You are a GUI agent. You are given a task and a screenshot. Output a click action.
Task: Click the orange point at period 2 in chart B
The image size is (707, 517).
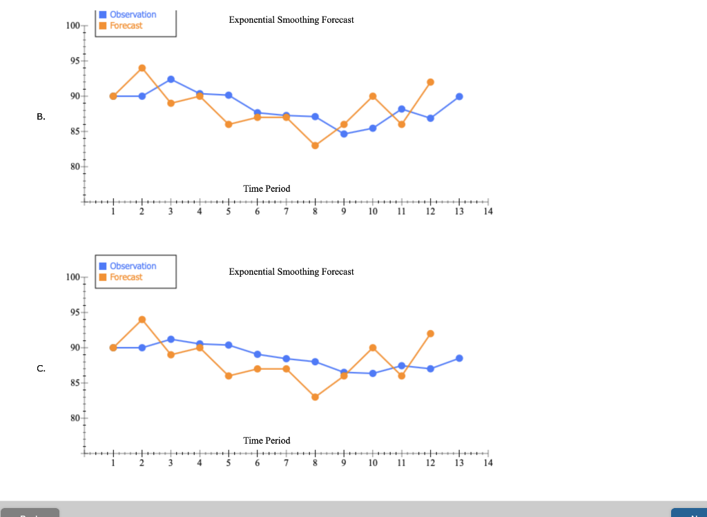coord(142,68)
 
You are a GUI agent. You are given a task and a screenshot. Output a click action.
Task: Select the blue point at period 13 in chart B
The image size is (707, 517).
coord(459,97)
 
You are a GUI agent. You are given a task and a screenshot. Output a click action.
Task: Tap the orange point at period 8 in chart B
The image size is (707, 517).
coord(315,145)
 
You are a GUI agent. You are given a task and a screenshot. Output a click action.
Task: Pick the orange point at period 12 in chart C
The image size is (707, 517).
coord(430,333)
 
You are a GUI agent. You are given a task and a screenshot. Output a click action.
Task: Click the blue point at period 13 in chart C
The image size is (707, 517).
coord(459,358)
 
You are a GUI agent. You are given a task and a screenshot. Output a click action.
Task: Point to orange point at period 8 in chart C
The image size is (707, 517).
coord(315,397)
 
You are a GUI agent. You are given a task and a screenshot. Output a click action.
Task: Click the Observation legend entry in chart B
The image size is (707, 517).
coord(133,14)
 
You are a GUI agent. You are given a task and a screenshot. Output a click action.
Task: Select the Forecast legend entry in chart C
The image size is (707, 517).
coord(126,277)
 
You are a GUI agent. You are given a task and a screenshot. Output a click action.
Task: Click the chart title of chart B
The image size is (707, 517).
coord(291,20)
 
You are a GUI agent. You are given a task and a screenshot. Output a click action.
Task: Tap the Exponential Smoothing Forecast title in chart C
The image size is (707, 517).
coord(291,272)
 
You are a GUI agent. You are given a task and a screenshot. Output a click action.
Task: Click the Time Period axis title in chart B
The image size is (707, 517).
coord(267,188)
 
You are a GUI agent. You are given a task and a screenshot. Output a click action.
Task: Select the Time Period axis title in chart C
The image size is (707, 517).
coord(267,440)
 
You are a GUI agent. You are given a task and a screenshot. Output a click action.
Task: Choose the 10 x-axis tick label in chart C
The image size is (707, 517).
coord(373,463)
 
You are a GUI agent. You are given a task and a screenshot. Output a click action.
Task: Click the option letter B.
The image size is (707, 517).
coord(41,117)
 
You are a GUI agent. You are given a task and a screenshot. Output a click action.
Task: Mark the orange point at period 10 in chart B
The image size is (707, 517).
coord(373,96)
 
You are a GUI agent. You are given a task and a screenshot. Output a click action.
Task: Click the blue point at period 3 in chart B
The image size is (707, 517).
coord(171,79)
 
